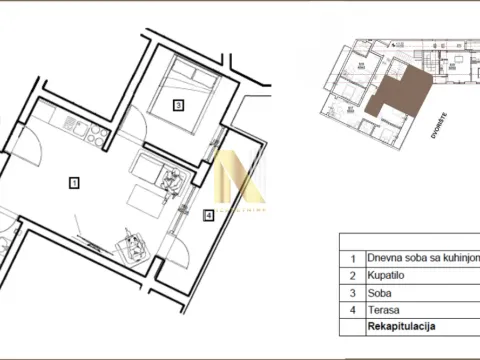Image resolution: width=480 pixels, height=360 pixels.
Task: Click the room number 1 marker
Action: pos(73,182)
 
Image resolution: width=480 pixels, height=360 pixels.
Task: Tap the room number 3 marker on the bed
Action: pos(177,104)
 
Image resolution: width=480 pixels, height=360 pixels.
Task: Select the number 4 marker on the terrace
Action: pos(208,215)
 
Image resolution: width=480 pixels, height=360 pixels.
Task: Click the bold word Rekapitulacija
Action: pos(402,327)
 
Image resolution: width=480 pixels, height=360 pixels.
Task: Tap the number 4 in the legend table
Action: pos(352,309)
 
